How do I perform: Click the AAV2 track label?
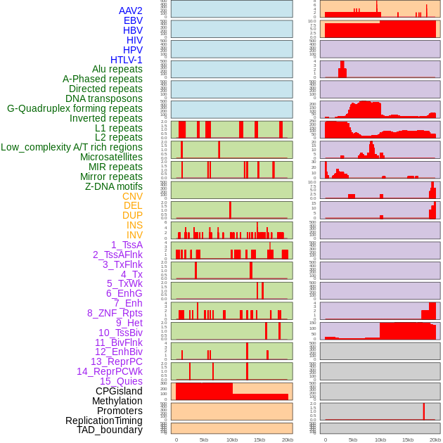pyautogui.click(x=131, y=11)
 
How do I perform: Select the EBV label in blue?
pyautogui.click(x=133, y=20)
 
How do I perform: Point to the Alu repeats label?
pyautogui.click(x=117, y=69)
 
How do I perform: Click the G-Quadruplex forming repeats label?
pyautogui.click(x=75, y=108)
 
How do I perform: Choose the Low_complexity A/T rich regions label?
pyautogui.click(x=72, y=147)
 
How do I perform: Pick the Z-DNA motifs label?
pyautogui.click(x=114, y=186)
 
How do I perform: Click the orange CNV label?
pyautogui.click(x=132, y=196)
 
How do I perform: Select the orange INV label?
pyautogui.click(x=134, y=235)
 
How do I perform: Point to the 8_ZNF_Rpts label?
pyautogui.click(x=115, y=313)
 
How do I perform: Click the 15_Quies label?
pyautogui.click(x=121, y=381)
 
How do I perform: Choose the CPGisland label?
pyautogui.click(x=119, y=391)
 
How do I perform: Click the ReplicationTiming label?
pyautogui.click(x=104, y=420)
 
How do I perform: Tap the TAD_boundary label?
pyautogui.click(x=110, y=430)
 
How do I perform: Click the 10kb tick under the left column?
pyautogui.click(x=232, y=440)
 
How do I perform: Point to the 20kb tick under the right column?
pyautogui.click(x=435, y=440)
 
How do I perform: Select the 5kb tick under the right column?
pyautogui.click(x=353, y=440)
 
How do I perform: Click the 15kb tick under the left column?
pyautogui.click(x=259, y=440)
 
